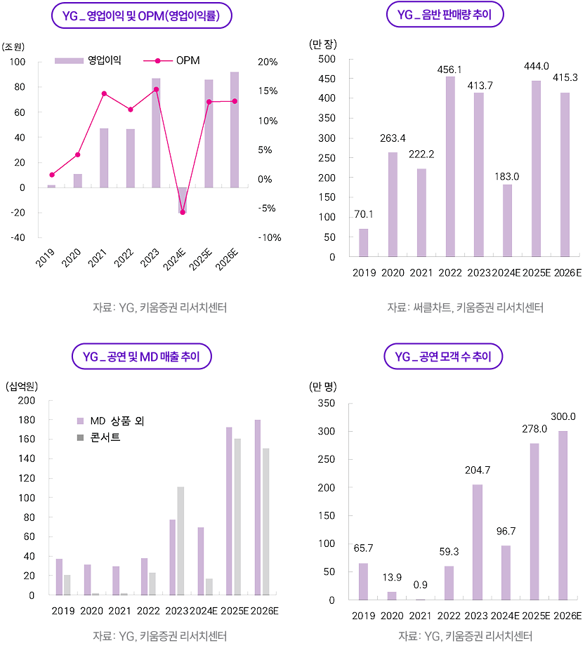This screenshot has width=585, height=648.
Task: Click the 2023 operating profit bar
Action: click(x=156, y=133)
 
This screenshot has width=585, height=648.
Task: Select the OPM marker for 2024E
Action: click(x=183, y=212)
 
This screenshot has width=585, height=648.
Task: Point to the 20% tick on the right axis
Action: click(x=268, y=62)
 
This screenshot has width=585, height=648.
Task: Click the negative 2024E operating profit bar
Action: click(x=183, y=200)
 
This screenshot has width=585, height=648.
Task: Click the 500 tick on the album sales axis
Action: click(x=327, y=59)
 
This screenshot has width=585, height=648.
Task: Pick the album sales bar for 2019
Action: click(x=364, y=242)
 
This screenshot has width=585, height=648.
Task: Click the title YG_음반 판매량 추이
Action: click(x=445, y=15)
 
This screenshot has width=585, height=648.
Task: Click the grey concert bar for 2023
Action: click(x=180, y=541)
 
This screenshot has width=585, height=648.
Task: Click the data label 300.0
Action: click(x=563, y=416)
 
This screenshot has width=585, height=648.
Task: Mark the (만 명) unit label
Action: click(x=324, y=385)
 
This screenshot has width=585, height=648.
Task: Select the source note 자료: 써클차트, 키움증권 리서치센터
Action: click(x=466, y=308)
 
